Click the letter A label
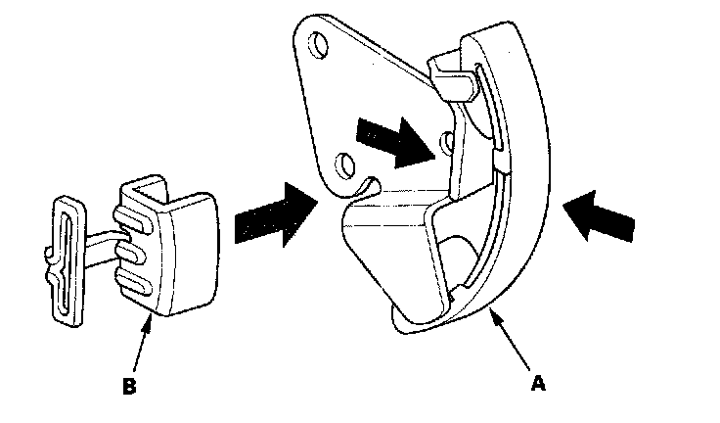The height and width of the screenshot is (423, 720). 535,385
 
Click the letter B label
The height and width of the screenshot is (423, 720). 127,386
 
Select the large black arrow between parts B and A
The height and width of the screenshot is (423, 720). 277,216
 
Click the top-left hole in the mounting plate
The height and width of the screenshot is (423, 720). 318,44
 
